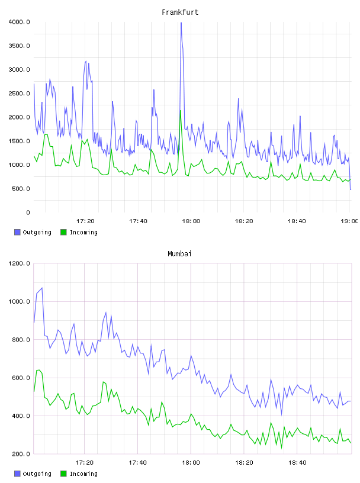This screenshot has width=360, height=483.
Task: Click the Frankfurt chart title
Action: coord(180,12)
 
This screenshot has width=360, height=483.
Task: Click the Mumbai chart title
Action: coord(179,254)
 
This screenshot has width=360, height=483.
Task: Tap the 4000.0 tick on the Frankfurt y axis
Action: coord(19,22)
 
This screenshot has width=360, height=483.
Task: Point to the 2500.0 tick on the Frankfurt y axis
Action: coord(19,94)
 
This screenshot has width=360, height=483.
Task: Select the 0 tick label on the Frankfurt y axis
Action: coord(28,212)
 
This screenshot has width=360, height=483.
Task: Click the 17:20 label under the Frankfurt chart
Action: coord(85,221)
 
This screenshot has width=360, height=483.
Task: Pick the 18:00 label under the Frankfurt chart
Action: coord(191,221)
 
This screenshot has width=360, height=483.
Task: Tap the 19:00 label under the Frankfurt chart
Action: coord(349,221)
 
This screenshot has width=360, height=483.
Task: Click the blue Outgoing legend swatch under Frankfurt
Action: coord(17,232)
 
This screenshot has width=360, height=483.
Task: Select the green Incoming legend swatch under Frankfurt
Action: coord(63,232)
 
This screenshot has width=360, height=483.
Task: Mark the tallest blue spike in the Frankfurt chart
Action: coord(181,23)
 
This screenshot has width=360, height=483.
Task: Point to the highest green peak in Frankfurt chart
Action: coord(181,111)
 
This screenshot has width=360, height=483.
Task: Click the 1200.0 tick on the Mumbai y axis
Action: coord(19,263)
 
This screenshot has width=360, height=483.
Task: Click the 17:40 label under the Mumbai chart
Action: coord(138,463)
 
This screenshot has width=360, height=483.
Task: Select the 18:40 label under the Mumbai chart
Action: coord(297,463)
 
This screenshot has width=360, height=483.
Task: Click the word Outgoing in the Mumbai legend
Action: coord(37,474)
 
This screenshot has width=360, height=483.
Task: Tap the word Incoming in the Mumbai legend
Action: coord(83,474)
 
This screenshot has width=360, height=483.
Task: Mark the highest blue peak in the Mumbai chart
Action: coord(42,288)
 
